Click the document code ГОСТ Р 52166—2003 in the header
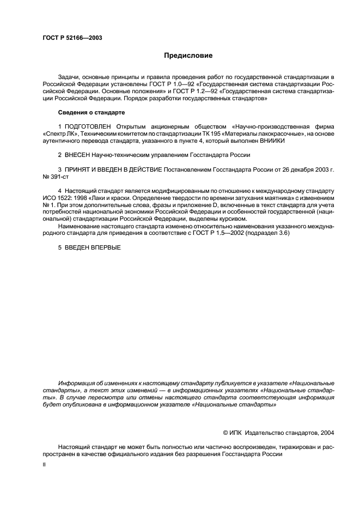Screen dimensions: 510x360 (72, 38)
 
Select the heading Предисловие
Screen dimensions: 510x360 (188, 56)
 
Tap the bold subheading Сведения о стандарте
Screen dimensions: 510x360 (91, 112)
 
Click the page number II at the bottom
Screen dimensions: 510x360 (44, 466)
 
